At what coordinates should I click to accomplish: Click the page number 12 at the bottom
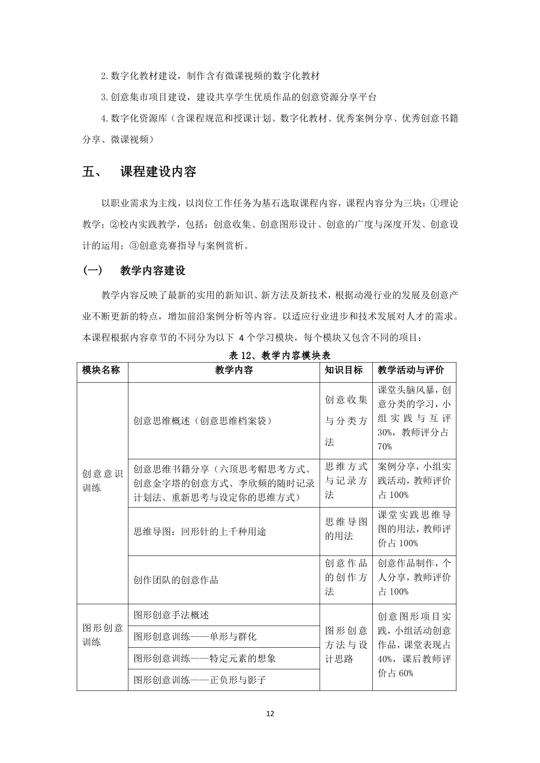click(270, 713)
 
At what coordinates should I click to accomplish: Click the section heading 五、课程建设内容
click(139, 172)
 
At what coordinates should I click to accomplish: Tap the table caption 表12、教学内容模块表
click(280, 355)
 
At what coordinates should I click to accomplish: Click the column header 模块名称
click(101, 370)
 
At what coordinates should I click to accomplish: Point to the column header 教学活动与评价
click(411, 370)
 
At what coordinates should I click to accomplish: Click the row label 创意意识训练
click(102, 481)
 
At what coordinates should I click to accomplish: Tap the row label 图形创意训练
click(102, 635)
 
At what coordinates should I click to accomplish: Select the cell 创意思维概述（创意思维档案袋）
click(202, 421)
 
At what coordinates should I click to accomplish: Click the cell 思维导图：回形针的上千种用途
click(199, 531)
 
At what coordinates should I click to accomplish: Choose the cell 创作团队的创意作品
click(175, 580)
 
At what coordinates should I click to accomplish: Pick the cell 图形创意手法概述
click(171, 615)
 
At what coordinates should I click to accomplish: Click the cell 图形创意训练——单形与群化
click(195, 637)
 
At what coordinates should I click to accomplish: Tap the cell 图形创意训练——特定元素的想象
click(204, 659)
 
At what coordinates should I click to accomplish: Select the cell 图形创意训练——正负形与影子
click(199, 680)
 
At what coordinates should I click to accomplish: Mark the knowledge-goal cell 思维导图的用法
click(346, 529)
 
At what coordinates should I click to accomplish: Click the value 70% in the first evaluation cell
click(385, 447)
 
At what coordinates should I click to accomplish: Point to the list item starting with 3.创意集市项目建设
click(239, 97)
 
